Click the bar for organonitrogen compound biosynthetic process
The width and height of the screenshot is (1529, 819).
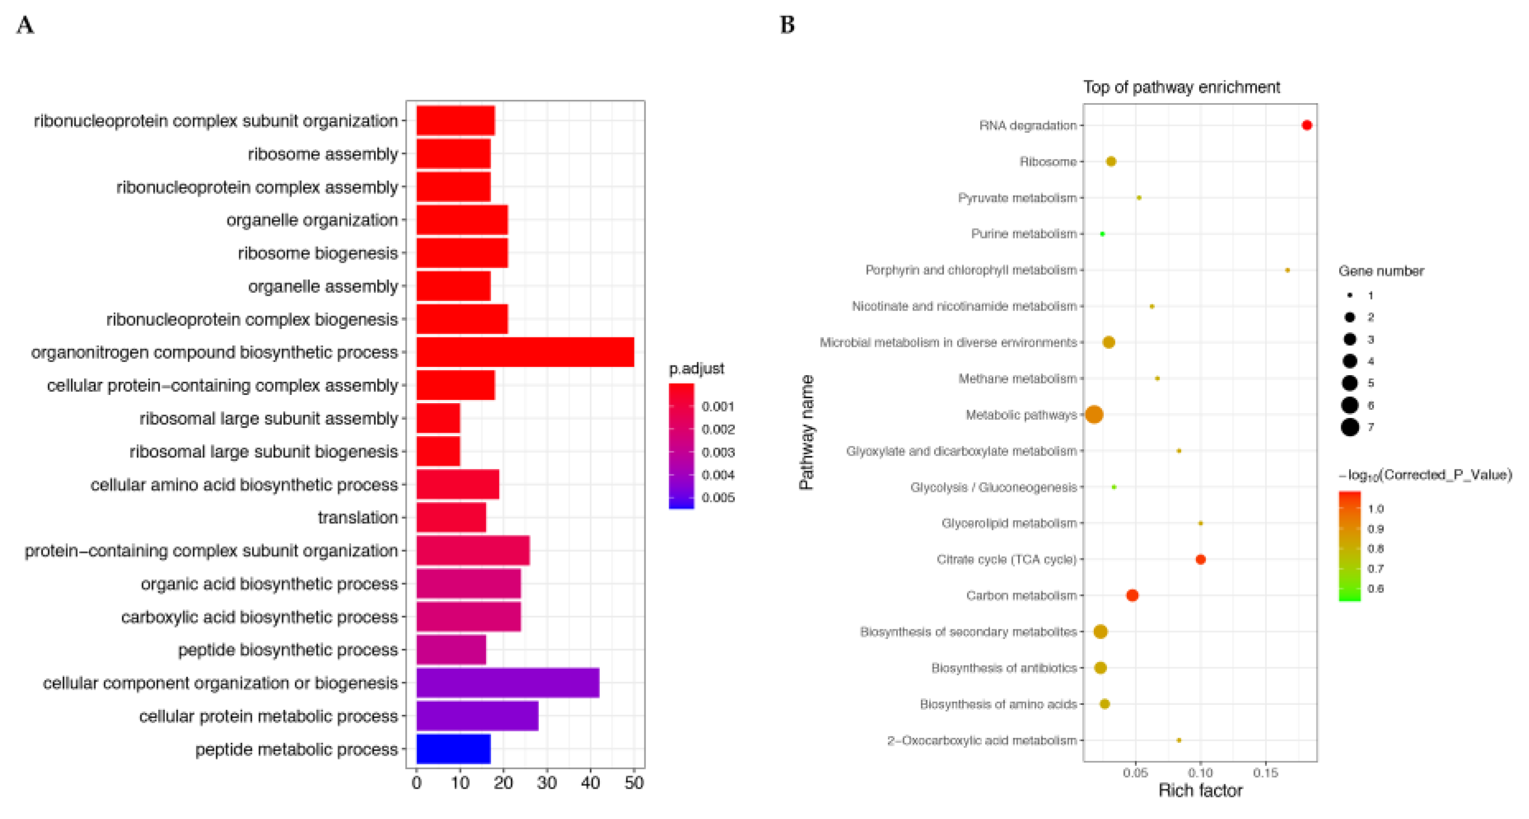coord(525,352)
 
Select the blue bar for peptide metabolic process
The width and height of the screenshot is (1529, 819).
coord(453,748)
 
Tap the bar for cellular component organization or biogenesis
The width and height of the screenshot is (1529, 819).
coord(508,682)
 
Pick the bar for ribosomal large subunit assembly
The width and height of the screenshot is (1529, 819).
coord(438,418)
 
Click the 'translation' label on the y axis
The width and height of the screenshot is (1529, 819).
coord(357,517)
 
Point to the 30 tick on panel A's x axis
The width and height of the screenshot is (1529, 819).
coord(547,783)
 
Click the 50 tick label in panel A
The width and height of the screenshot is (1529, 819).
coord(634,783)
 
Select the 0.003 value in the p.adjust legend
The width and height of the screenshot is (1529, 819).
coord(718,452)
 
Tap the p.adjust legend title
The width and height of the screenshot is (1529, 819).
coord(696,369)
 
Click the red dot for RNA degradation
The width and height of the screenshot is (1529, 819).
coord(1306,125)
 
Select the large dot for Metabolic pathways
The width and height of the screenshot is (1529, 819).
coord(1094,415)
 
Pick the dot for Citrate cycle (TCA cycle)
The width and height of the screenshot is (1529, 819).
coord(1200,559)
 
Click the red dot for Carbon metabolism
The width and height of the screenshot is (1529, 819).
coord(1132,595)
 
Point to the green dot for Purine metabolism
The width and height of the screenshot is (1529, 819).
coord(1102,234)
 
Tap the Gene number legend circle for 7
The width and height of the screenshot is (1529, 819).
coord(1350,427)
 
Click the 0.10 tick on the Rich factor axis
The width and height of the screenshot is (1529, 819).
coord(1200,773)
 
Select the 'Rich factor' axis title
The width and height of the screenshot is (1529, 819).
coord(1200,790)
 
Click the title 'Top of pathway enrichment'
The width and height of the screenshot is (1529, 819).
coord(1181,87)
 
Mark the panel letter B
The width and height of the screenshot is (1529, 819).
coord(787,25)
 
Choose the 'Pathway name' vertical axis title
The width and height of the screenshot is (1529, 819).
coord(806,432)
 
